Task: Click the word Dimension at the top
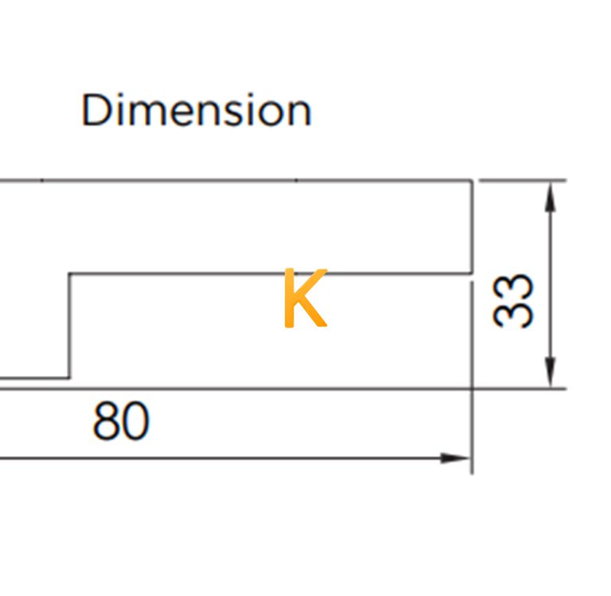point(197,110)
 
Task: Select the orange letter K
point(305,298)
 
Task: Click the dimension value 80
point(121,422)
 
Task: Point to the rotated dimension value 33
point(512,300)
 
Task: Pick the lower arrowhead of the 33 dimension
point(550,373)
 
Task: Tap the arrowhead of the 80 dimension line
point(455,459)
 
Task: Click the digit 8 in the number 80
point(106,422)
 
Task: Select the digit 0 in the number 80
point(135,422)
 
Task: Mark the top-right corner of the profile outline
point(472,180)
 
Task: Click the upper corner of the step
point(69,274)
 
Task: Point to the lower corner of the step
point(69,377)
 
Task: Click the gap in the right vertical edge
point(472,278)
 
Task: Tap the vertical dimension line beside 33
point(550,284)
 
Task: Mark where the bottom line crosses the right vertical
point(472,389)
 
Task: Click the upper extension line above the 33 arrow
point(523,180)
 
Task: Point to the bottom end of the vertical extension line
point(472,474)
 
